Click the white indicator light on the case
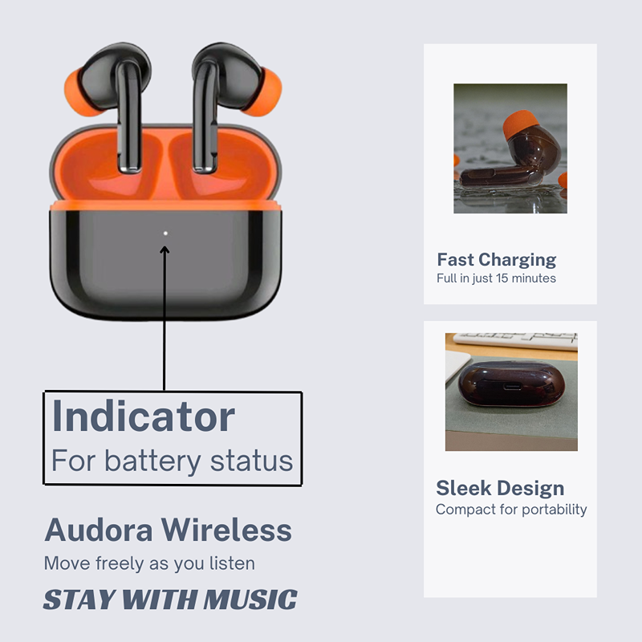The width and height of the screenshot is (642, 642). [x=165, y=234]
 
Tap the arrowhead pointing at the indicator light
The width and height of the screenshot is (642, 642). [x=165, y=250]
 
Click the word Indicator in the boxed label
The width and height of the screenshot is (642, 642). [x=144, y=416]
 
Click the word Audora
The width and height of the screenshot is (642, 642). [x=99, y=530]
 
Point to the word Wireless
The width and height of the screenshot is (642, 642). [x=226, y=530]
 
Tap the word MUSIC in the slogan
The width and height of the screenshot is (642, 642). [x=250, y=599]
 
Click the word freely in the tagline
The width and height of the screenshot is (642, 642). [x=120, y=564]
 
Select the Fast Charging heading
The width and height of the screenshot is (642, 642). [x=497, y=259]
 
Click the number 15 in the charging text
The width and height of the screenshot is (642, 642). [x=502, y=278]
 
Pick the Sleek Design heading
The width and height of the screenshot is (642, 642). [x=500, y=488]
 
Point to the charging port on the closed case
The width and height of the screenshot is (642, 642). [x=512, y=387]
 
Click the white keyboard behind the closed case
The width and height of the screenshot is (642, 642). [x=515, y=341]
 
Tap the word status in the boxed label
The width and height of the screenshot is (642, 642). [x=252, y=461]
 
